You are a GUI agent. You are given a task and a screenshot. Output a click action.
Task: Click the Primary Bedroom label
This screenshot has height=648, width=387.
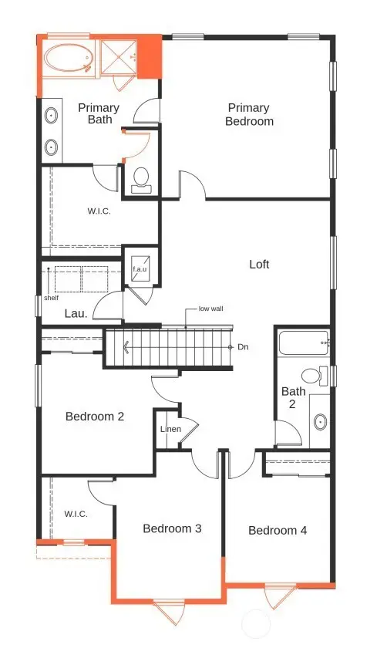[x=249, y=114]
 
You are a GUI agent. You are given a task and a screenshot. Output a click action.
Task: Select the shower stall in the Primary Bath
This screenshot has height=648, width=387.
[x=119, y=57]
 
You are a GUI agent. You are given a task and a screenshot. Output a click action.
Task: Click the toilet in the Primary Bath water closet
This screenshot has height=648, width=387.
[x=141, y=179]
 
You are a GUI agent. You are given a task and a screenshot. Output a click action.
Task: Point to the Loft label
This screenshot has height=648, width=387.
[x=259, y=264]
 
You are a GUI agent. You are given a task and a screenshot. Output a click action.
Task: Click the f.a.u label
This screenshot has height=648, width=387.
[x=140, y=269]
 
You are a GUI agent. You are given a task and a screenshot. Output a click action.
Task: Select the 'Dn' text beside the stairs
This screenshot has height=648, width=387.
[x=243, y=347]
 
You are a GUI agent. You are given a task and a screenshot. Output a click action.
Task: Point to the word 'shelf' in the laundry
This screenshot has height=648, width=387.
[x=51, y=296]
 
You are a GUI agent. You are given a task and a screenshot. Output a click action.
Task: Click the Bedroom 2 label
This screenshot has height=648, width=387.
[x=95, y=417]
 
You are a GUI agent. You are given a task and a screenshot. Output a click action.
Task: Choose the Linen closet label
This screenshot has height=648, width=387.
[x=170, y=429]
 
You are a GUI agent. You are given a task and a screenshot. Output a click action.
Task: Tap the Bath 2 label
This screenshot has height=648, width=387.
[x=293, y=397]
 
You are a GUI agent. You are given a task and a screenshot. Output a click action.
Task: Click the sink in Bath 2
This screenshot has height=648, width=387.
[x=320, y=422]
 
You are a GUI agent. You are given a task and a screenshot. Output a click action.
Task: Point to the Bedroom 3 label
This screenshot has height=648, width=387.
[x=172, y=528]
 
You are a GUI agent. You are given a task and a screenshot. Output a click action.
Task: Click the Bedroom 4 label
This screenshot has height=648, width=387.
[x=278, y=530]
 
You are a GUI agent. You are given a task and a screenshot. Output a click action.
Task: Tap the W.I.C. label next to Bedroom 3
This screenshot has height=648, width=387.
[x=75, y=514]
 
